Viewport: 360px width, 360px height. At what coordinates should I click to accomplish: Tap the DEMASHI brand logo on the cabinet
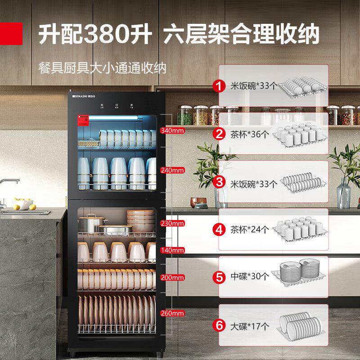83,96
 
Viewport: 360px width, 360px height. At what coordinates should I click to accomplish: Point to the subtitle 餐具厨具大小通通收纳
102,68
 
